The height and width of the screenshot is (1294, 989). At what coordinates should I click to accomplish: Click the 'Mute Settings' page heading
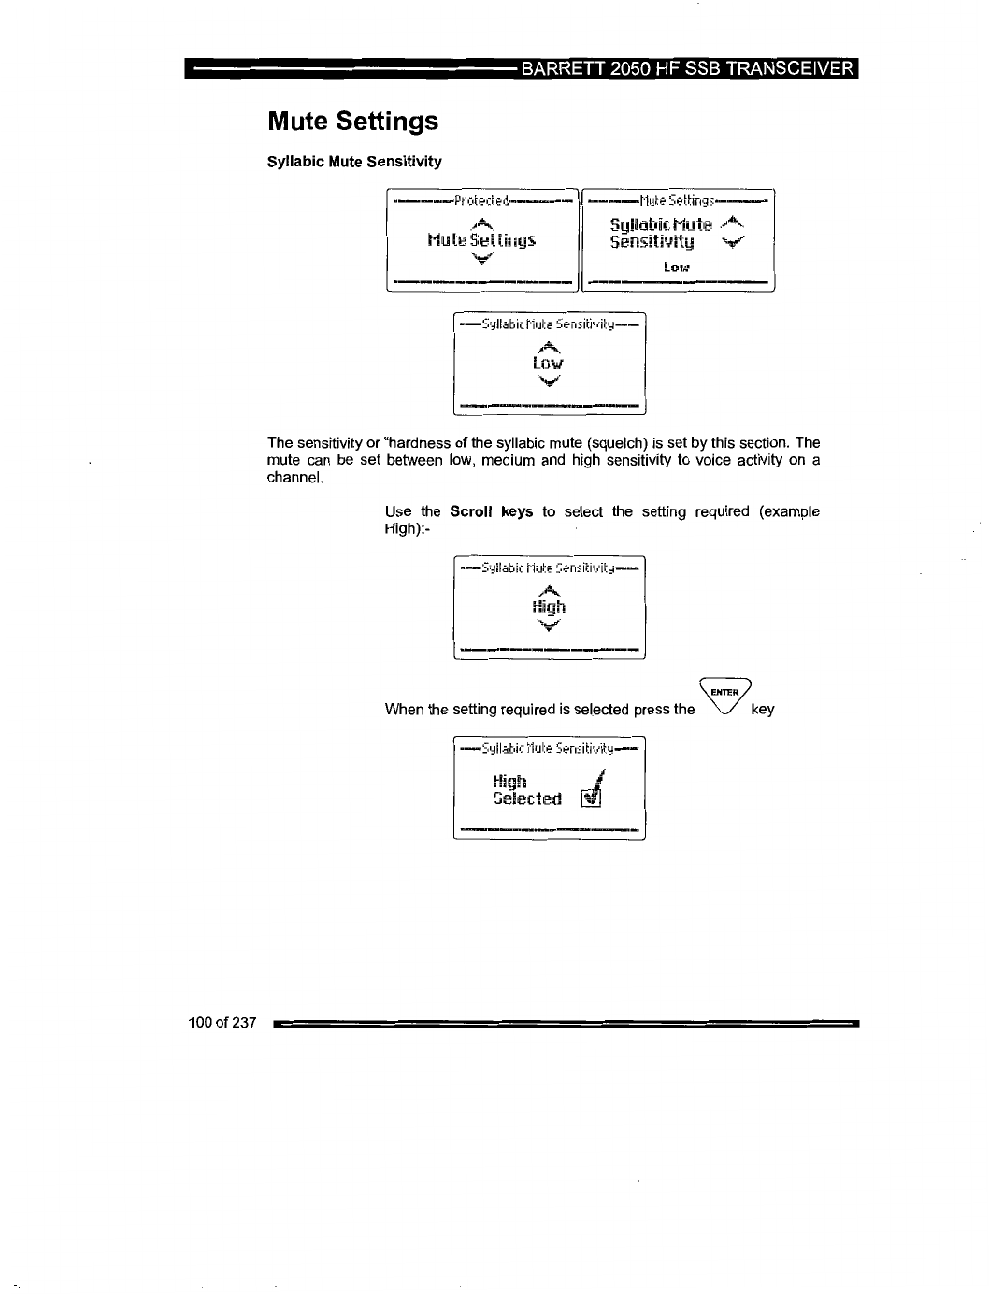pos(352,122)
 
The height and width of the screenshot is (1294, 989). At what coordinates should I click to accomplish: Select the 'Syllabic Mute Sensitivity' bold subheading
pos(354,162)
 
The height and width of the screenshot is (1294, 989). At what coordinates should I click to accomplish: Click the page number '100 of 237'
pos(222,1023)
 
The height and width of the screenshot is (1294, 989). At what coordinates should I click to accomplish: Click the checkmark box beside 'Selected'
pos(591,798)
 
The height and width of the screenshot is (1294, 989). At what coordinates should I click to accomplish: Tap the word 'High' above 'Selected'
pos(509,781)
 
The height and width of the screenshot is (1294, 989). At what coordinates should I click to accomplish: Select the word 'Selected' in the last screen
pos(527,798)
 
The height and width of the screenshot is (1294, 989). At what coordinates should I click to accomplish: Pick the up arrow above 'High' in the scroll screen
pos(549,589)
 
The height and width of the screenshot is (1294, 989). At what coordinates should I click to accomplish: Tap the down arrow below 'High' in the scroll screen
pos(549,625)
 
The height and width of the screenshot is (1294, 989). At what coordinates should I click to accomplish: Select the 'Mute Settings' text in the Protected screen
pos(480,240)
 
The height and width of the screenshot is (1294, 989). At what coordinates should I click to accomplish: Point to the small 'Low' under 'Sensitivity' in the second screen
pos(676,267)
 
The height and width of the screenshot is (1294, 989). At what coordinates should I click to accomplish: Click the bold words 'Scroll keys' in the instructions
pos(491,511)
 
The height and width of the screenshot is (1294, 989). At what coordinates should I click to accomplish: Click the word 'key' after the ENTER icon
pos(763,709)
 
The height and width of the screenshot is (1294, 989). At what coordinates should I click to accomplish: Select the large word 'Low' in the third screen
pos(548,363)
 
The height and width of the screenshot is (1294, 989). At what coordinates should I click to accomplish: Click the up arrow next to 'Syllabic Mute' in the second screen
pos(734,222)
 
